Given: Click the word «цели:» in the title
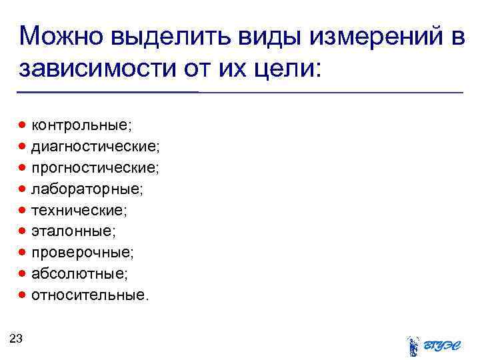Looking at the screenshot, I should [287, 67].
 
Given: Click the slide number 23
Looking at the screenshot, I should [17, 339].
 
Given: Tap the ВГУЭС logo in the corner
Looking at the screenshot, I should [432, 345].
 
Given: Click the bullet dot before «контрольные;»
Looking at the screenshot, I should [23, 125].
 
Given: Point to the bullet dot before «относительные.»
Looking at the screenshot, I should [23, 295].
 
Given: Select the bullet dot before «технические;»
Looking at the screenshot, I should [23, 210].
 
